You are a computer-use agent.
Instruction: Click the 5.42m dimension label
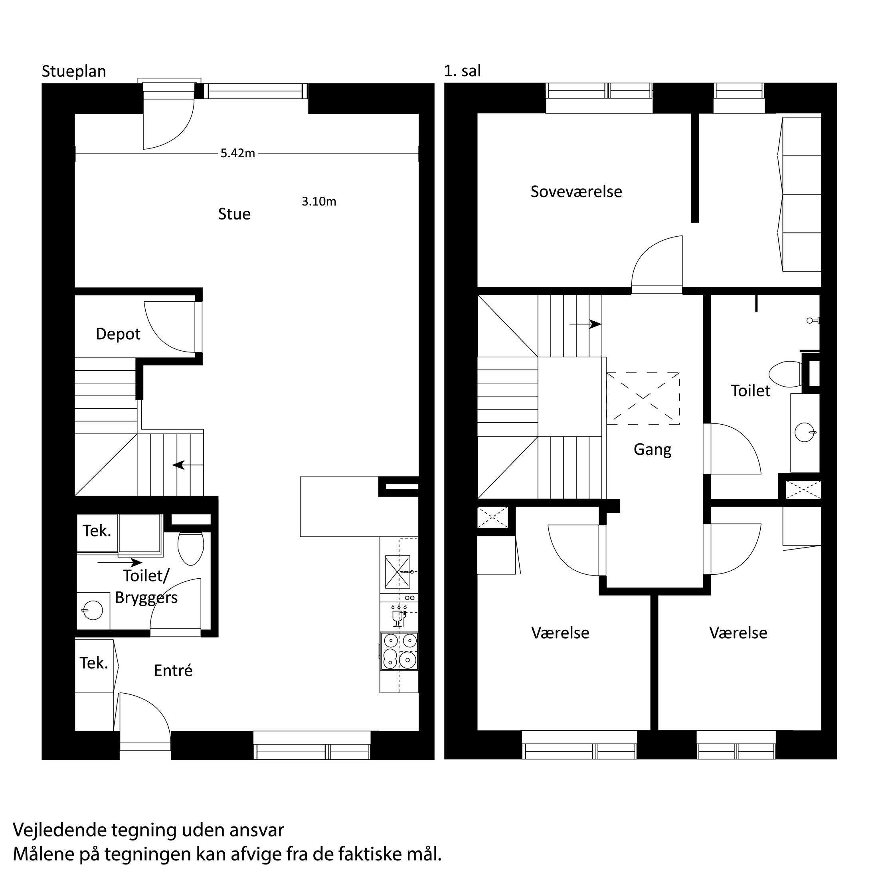pos(238,153)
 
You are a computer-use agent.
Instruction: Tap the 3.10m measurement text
pos(319,201)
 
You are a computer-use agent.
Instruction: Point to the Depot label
pos(118,334)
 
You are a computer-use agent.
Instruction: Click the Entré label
pos(173,670)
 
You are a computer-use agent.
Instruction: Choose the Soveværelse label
pos(576,191)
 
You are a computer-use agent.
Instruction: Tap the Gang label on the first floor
pos(653,449)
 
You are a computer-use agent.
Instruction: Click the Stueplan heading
pos(73,71)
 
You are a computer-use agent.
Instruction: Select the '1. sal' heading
pos(462,71)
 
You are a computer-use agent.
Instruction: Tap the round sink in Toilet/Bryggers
pos(93,610)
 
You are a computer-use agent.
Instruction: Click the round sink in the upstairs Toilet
pos(805,432)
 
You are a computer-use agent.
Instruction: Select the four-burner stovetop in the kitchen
pos(399,652)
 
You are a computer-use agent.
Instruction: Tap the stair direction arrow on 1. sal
pos(585,324)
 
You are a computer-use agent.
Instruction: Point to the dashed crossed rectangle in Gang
pos(643,399)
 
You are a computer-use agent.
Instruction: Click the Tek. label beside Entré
pos(94,663)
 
